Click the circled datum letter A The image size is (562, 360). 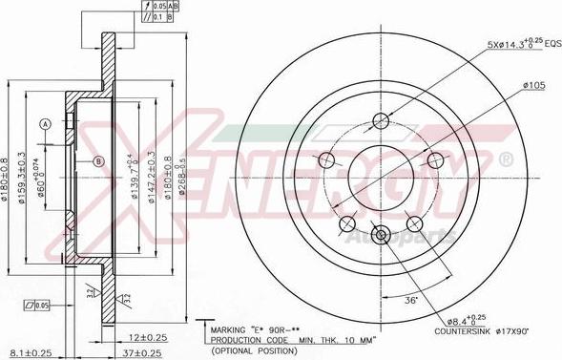point(43,123)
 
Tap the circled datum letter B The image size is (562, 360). point(97,162)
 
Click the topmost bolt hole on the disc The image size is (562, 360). point(381,120)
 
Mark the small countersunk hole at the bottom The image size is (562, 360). point(381,235)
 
